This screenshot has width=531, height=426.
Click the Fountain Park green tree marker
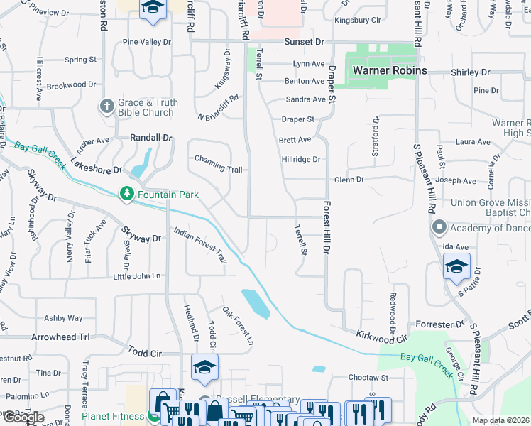(127, 194)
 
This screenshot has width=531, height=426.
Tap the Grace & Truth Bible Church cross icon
(107, 106)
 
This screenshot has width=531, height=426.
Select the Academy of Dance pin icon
(439, 228)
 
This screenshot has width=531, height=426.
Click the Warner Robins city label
(390, 71)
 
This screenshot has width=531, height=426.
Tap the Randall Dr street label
(151, 138)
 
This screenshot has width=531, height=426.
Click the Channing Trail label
(219, 170)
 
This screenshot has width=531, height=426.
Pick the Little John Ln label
(136, 275)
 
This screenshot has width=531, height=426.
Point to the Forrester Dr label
(439, 324)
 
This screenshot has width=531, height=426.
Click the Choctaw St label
(368, 378)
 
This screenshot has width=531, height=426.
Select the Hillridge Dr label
(300, 160)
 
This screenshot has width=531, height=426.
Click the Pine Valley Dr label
(147, 43)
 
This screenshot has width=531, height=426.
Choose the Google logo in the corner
(23, 417)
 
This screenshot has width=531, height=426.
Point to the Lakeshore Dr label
(96, 170)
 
